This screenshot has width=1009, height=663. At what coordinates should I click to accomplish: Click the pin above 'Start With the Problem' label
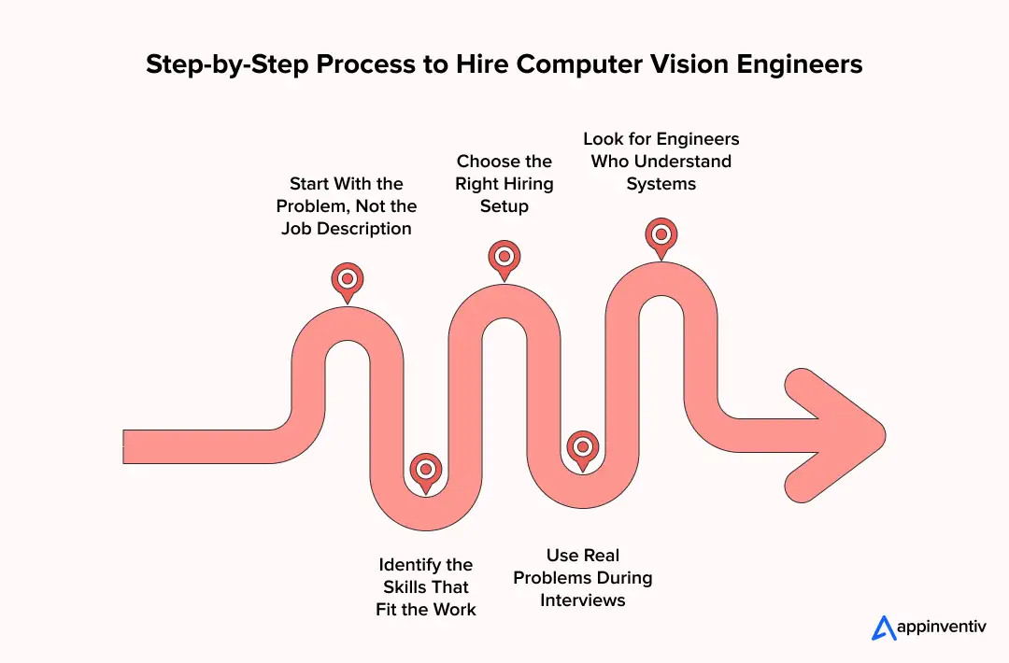(x=348, y=279)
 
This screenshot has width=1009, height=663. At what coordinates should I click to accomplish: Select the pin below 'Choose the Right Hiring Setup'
(x=504, y=257)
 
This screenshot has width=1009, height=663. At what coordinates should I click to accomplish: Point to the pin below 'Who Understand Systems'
(x=661, y=234)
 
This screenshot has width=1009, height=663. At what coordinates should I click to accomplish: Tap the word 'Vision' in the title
(x=678, y=65)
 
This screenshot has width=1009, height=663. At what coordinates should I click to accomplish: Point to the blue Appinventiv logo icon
(x=884, y=628)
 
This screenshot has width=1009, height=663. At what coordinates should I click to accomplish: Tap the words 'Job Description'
(x=347, y=229)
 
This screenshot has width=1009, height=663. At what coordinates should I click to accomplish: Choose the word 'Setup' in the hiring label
(x=504, y=206)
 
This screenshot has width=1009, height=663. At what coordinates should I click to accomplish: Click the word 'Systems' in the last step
(x=661, y=184)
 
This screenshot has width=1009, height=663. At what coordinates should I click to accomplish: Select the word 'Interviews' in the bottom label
(x=583, y=600)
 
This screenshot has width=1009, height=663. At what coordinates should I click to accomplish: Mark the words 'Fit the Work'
(x=426, y=610)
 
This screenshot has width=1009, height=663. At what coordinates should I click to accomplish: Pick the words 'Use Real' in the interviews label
(x=583, y=556)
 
